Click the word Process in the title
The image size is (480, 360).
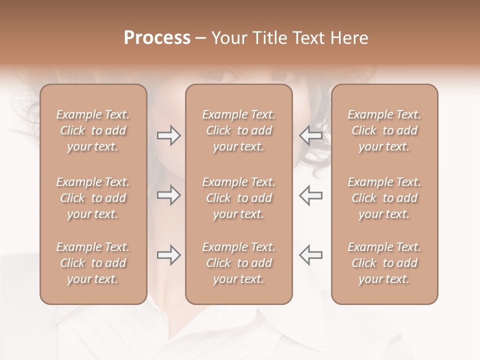(157, 38)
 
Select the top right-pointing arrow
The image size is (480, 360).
(168, 135)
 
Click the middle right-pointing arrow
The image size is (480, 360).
(168, 195)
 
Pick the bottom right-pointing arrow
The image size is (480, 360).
(168, 255)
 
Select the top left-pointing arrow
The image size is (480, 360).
(310, 135)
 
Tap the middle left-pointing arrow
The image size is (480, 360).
(310, 195)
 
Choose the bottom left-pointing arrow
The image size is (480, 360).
(310, 255)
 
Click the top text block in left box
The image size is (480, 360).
(93, 130)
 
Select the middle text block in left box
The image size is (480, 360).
(93, 198)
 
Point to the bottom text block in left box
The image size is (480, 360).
(93, 263)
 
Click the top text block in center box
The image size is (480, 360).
(238, 130)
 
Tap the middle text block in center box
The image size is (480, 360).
(238, 198)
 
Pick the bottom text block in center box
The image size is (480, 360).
(238, 263)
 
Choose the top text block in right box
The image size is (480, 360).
(384, 130)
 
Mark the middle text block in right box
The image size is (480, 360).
(384, 198)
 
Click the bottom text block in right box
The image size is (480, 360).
(384, 263)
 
